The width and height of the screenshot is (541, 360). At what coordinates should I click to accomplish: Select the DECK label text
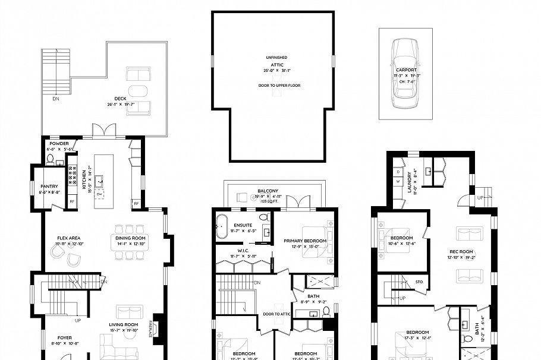120,99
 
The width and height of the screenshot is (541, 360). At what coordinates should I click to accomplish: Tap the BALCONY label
268,191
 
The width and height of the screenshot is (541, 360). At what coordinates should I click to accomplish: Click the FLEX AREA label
68,238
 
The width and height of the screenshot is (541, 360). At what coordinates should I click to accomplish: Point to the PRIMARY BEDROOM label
305,241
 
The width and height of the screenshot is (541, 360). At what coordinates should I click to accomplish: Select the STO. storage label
419,281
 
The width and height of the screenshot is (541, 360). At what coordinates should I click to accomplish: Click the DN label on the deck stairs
56,99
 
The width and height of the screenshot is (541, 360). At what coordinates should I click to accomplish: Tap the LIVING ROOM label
123,324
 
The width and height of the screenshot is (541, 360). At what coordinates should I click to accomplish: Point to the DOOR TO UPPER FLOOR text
279,86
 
